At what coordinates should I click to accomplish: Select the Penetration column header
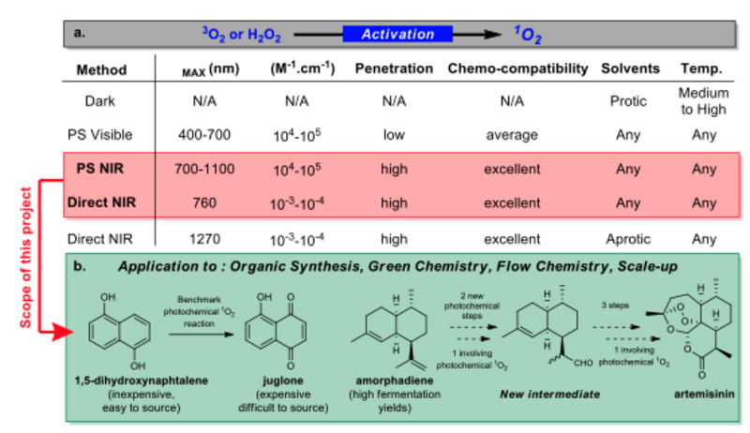(x=394, y=69)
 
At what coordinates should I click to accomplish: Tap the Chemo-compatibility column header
(x=517, y=69)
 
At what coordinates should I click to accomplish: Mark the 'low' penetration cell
(x=394, y=134)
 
